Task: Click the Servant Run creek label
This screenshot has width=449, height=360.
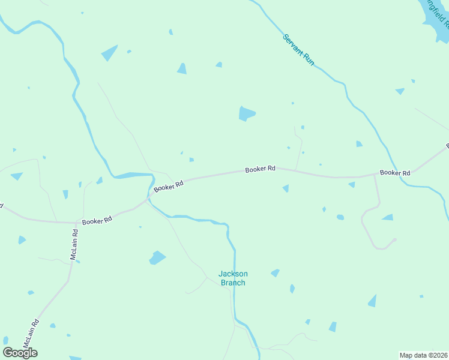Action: tap(298, 50)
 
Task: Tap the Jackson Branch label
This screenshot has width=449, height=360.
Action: tap(232, 278)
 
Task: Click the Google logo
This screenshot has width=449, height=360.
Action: tap(20, 352)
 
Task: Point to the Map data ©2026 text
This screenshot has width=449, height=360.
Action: tap(423, 355)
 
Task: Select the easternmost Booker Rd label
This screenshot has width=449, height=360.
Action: tap(395, 173)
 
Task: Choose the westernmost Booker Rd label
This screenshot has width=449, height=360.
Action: tap(97, 221)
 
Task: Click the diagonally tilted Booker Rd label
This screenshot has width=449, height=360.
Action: tap(167, 186)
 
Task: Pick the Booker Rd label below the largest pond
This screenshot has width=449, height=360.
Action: tap(260, 169)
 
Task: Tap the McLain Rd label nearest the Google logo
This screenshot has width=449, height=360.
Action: tap(31, 335)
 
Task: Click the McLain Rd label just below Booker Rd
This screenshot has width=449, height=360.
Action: tap(74, 245)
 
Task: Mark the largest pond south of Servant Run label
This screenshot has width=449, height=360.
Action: tap(246, 113)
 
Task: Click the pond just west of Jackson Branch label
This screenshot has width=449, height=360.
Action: tap(157, 258)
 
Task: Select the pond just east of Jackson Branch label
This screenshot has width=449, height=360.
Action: tap(275, 273)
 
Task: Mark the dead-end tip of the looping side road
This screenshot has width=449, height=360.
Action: tap(396, 239)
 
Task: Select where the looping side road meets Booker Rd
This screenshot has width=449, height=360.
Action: tap(375, 175)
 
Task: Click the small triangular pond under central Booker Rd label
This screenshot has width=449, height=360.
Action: tap(286, 188)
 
